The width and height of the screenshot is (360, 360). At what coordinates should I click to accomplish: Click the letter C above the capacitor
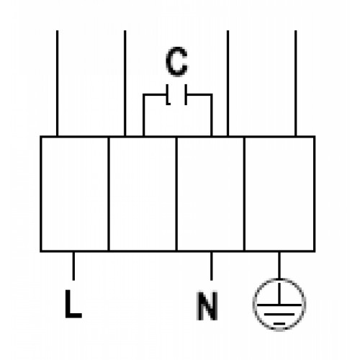pyautogui.click(x=176, y=62)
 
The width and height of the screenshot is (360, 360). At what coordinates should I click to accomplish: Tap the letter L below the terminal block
pyautogui.click(x=73, y=304)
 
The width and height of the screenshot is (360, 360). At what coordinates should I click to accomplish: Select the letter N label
pyautogui.click(x=207, y=306)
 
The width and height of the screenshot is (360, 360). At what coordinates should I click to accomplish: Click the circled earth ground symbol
pyautogui.click(x=279, y=279)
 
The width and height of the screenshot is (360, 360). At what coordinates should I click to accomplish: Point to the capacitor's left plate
pyautogui.click(x=167, y=94)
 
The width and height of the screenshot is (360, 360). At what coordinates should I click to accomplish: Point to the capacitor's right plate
pyautogui.click(x=186, y=94)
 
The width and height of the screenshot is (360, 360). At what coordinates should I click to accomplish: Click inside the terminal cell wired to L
pyautogui.click(x=74, y=194)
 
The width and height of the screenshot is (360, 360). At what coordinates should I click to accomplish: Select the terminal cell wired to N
pyautogui.click(x=210, y=194)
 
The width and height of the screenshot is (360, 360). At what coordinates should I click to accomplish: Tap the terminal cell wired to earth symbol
pyautogui.click(x=279, y=194)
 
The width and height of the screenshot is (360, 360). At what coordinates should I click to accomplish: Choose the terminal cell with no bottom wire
pyautogui.click(x=143, y=194)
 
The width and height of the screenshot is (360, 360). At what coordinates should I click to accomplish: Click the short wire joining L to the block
pyautogui.click(x=73, y=266)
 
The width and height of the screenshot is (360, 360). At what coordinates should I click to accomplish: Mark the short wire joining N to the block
pyautogui.click(x=211, y=266)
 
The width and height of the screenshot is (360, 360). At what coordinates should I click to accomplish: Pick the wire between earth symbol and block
pyautogui.click(x=279, y=265)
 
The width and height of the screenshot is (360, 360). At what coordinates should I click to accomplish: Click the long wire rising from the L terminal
pyautogui.click(x=57, y=84)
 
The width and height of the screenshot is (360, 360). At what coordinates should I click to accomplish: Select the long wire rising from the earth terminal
pyautogui.click(x=296, y=84)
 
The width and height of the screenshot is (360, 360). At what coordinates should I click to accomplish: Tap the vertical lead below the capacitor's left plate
pyautogui.click(x=143, y=115)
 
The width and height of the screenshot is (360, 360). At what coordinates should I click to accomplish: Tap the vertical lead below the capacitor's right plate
pyautogui.click(x=211, y=115)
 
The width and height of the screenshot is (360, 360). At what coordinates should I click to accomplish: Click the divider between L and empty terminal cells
pyautogui.click(x=109, y=194)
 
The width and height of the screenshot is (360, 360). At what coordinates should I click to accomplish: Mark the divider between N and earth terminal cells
pyautogui.click(x=244, y=194)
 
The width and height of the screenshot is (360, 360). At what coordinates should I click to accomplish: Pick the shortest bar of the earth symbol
pyautogui.click(x=279, y=323)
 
